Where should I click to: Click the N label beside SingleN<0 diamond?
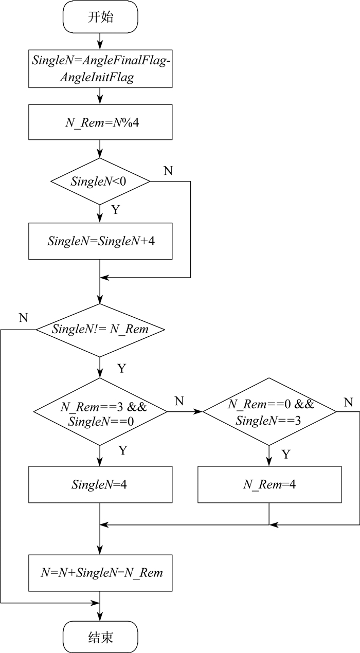pos(168,171)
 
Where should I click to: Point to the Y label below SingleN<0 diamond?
pos(116,210)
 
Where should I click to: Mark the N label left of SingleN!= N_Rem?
pos(23,317)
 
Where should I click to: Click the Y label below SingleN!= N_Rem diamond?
pos(122,369)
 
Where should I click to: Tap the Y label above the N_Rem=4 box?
pos(286,454)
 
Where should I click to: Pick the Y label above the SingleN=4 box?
pos(123,450)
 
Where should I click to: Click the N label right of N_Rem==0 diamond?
pos(349,402)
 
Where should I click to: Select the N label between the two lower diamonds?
pos(179,401)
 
